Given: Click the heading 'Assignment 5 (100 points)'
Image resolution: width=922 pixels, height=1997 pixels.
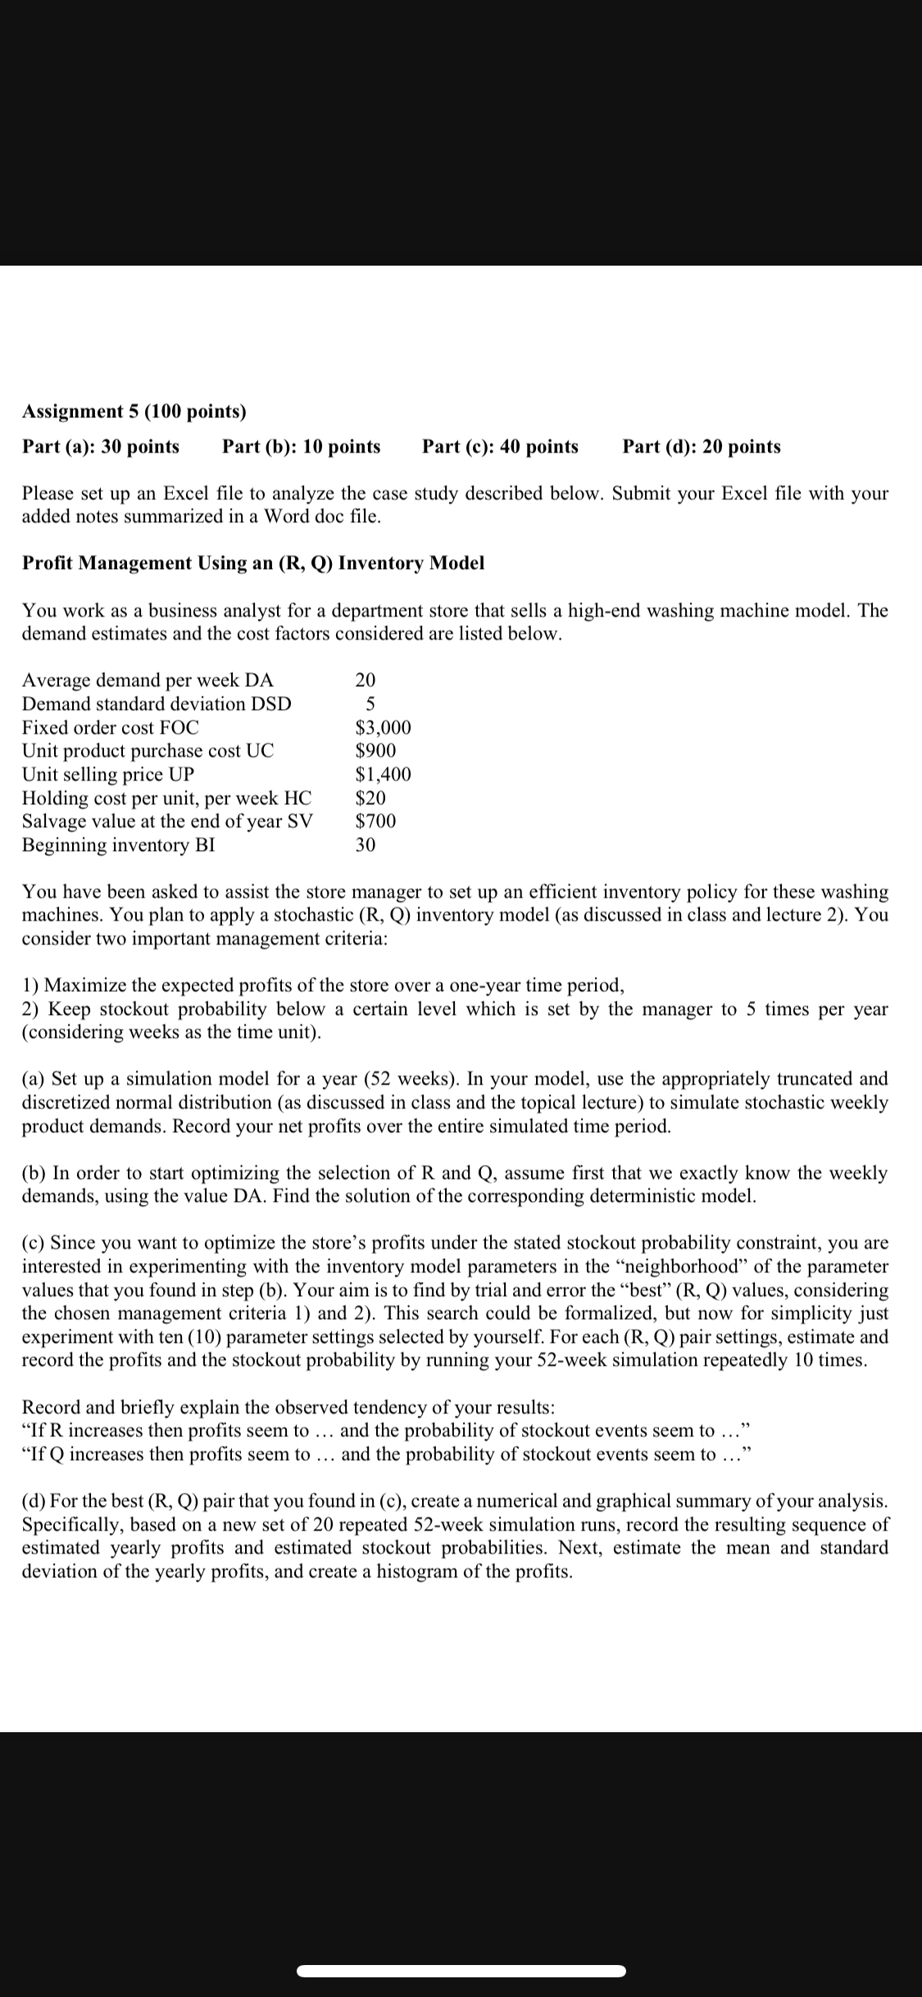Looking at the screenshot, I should coord(134,411).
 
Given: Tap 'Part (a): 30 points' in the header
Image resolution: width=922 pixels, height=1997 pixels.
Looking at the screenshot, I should coord(101,447).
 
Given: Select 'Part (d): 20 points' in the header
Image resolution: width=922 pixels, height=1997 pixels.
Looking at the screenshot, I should coord(701,447).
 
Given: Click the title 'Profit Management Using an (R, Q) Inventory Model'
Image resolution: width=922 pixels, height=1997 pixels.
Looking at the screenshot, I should coord(252,563).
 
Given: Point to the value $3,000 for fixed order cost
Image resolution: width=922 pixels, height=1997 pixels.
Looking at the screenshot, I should coord(383,728).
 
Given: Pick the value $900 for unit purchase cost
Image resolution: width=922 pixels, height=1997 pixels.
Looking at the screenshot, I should coord(375,751).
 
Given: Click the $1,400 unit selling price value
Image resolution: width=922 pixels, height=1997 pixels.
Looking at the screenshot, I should coord(383,775).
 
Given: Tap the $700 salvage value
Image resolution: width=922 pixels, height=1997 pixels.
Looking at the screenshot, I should coord(375,821).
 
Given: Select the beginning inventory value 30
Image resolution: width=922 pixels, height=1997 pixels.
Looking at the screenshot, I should coord(366,845).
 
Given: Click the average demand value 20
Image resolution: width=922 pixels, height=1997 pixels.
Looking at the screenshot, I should coord(366,680).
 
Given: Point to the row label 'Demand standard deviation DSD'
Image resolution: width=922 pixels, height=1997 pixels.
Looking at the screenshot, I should coord(156,704).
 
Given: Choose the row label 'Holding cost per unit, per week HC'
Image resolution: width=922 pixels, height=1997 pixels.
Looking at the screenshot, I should coord(166,798).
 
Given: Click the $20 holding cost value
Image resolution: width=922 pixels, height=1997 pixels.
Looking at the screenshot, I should coord(370,798).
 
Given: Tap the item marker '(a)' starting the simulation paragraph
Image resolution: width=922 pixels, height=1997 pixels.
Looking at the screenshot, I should coord(34,1079).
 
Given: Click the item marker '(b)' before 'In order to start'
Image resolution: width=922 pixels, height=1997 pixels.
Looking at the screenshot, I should coord(34,1173).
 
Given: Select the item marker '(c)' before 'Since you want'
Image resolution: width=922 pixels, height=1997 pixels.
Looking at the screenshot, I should coord(34,1244).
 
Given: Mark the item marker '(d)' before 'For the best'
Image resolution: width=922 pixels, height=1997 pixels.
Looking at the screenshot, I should coord(34,1501).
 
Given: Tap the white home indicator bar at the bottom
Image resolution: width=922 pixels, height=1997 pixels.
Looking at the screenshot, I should coord(461,1971).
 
